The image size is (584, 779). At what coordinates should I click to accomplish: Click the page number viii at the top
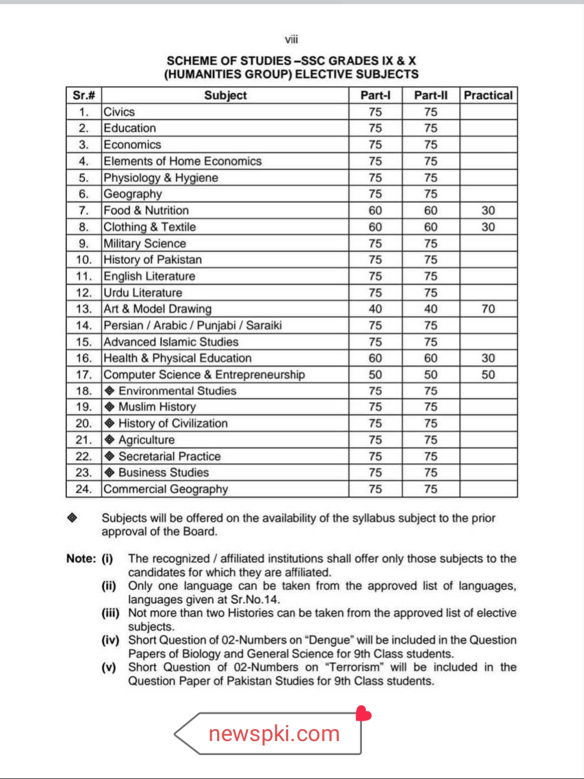(291, 40)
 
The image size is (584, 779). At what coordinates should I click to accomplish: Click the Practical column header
(488, 95)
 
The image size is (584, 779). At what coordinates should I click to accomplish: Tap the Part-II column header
(430, 95)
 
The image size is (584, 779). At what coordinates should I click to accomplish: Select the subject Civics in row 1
(119, 112)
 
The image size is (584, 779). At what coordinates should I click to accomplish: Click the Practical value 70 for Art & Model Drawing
(488, 309)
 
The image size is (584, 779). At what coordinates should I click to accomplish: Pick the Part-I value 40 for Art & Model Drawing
(375, 309)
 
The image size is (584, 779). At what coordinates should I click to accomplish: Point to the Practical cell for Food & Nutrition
(488, 210)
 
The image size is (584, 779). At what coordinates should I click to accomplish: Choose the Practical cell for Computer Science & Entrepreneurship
(488, 374)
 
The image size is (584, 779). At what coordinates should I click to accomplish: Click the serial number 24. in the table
(84, 489)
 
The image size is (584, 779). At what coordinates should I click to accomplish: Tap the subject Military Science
(145, 244)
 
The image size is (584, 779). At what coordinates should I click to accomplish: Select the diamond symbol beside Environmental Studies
(110, 391)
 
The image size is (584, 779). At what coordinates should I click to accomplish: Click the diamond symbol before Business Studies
(110, 472)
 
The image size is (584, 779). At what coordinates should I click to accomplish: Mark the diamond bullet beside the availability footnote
(72, 518)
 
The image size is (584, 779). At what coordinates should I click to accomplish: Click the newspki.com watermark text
(274, 733)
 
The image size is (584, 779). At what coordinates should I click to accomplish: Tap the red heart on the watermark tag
(363, 714)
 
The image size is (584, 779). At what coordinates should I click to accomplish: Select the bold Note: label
(81, 559)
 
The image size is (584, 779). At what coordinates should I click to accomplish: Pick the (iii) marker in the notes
(110, 613)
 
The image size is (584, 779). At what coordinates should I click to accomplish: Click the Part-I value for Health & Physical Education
(375, 358)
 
